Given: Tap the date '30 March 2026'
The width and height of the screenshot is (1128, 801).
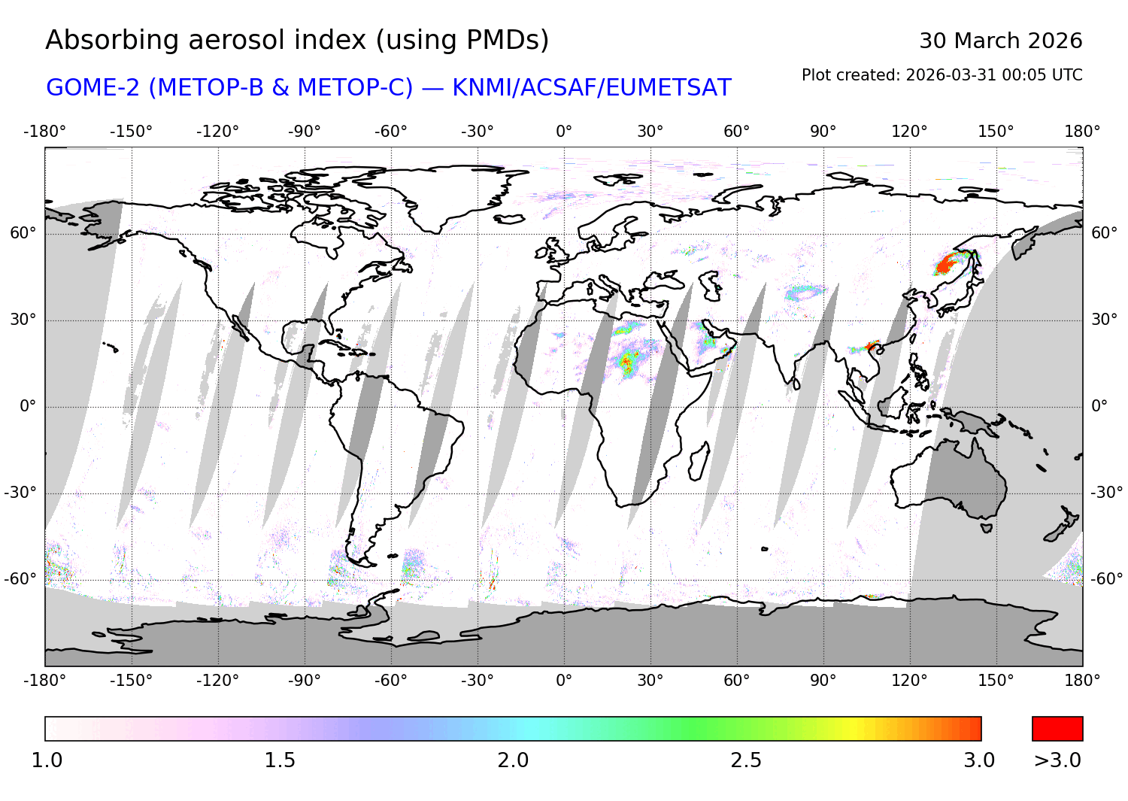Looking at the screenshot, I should point(1000,41).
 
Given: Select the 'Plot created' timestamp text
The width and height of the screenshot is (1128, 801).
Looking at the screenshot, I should point(942,75).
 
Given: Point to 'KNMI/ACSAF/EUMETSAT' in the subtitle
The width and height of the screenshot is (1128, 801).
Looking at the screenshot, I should point(591,88).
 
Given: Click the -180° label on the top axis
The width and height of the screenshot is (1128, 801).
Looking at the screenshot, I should point(45,132).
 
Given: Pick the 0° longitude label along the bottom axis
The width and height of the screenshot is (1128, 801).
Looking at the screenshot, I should point(564,681).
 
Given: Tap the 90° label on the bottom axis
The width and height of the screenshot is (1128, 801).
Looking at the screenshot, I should point(823,681).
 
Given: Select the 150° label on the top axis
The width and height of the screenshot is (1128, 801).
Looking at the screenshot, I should point(996,132).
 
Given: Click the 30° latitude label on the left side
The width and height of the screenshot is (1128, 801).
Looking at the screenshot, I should point(23,320).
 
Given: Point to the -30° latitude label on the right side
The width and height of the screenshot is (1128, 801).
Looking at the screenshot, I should point(1107,493).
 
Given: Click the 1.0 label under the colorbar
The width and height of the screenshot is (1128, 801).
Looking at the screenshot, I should point(47,760).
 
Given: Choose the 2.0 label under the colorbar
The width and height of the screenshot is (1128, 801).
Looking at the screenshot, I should point(513,760).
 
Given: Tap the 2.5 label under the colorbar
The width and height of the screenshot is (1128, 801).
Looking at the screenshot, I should point(746,760).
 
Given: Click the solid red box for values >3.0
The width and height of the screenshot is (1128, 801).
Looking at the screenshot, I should point(1057,729).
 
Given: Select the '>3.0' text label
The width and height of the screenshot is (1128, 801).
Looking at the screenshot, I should point(1057,760).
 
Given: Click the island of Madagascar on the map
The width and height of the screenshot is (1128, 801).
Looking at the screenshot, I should point(699,460).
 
